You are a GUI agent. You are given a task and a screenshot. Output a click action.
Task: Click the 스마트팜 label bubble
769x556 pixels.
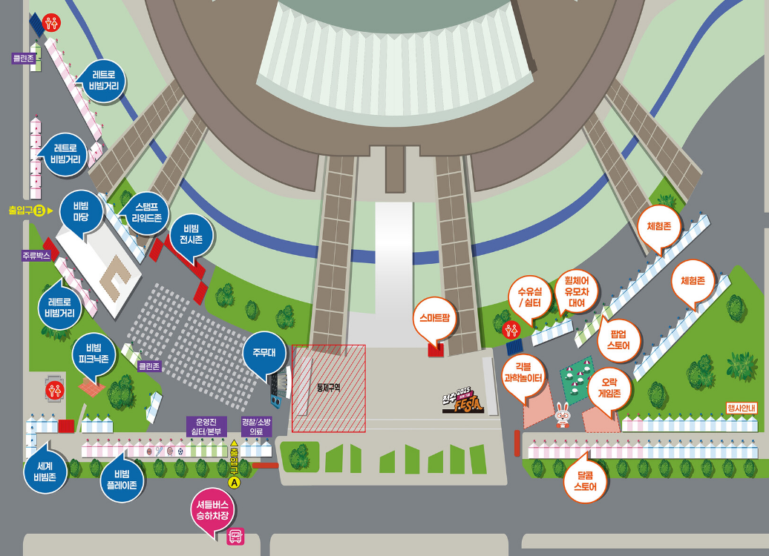[436, 320]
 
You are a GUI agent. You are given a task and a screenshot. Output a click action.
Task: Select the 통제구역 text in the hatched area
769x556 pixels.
[327, 386]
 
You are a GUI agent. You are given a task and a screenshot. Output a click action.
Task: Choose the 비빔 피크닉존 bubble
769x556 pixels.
[94, 354]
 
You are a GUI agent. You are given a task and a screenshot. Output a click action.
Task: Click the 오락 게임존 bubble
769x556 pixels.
[609, 388]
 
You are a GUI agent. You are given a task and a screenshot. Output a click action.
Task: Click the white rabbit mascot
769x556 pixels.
[563, 417]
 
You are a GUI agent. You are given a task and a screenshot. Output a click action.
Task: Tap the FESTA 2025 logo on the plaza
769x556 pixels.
[463, 400]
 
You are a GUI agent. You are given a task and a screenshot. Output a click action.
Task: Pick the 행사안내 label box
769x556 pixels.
[741, 408]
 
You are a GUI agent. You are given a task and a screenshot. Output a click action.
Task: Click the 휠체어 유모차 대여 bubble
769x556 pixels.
[576, 291]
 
